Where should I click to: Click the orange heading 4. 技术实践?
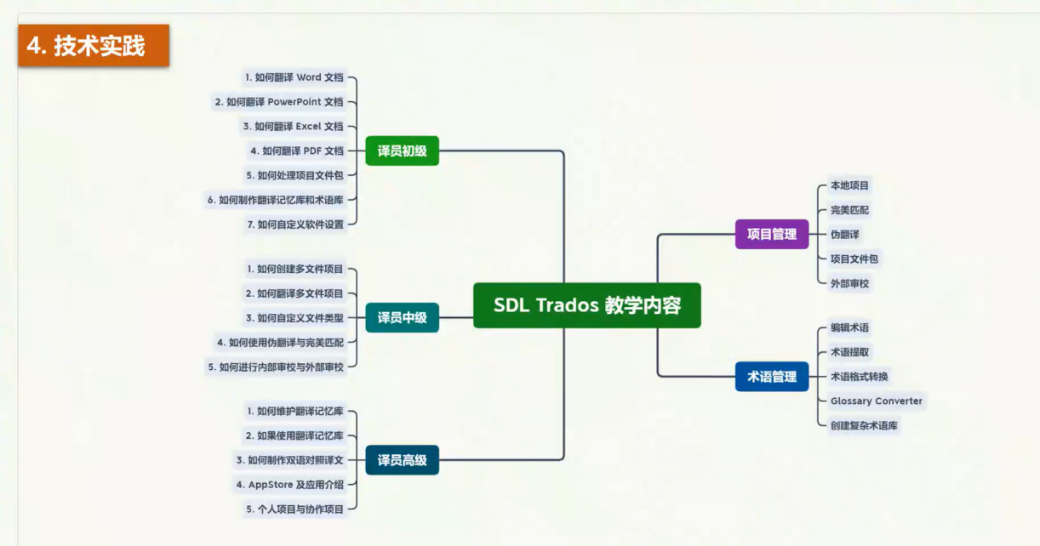(94, 46)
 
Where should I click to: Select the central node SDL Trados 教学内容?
(586, 305)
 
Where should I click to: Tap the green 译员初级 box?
(402, 151)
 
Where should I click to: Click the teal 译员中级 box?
(402, 318)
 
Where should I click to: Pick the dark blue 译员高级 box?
(402, 460)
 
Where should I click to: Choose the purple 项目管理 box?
(771, 234)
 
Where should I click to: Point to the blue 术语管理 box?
(771, 376)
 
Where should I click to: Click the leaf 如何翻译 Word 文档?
(294, 77)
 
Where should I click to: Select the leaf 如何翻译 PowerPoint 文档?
(279, 102)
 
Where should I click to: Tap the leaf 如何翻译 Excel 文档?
(293, 127)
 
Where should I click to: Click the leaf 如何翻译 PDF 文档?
(297, 151)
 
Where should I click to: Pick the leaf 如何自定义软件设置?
(295, 225)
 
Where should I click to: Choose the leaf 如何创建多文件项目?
(295, 269)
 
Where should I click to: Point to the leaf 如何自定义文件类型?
(294, 318)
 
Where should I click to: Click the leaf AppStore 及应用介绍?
(290, 485)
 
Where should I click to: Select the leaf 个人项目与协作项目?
(295, 509)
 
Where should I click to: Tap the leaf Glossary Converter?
(876, 401)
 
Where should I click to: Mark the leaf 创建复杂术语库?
(864, 425)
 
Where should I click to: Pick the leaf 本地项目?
(849, 185)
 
